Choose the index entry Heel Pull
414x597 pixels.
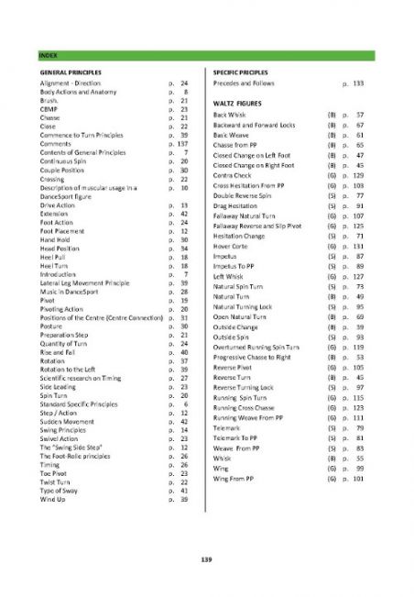click(54, 259)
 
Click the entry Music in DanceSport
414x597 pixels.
click(72, 291)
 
